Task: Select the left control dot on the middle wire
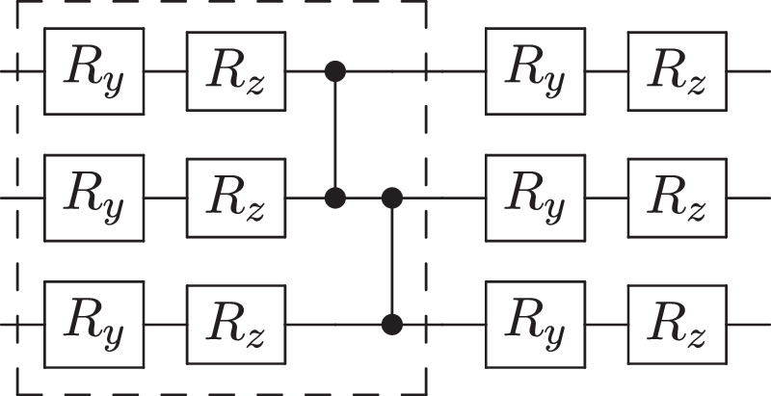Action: pyautogui.click(x=335, y=198)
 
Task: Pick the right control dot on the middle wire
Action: pyautogui.click(x=391, y=198)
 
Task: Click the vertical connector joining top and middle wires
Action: pyautogui.click(x=335, y=135)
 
